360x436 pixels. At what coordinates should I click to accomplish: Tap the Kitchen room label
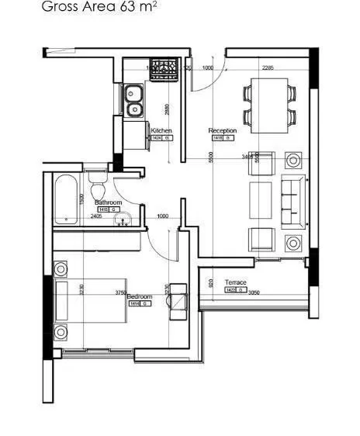click(x=161, y=130)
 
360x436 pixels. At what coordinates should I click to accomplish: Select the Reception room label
click(x=222, y=131)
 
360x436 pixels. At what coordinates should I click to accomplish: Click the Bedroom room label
click(x=139, y=296)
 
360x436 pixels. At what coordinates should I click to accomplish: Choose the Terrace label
click(x=235, y=282)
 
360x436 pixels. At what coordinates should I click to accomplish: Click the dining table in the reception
click(x=270, y=105)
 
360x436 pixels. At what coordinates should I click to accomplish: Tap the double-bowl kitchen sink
click(x=133, y=101)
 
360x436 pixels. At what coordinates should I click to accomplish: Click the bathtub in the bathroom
click(x=66, y=199)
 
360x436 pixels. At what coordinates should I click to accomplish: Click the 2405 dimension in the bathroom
click(x=96, y=216)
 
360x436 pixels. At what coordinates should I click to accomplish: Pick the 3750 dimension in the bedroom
click(x=120, y=293)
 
